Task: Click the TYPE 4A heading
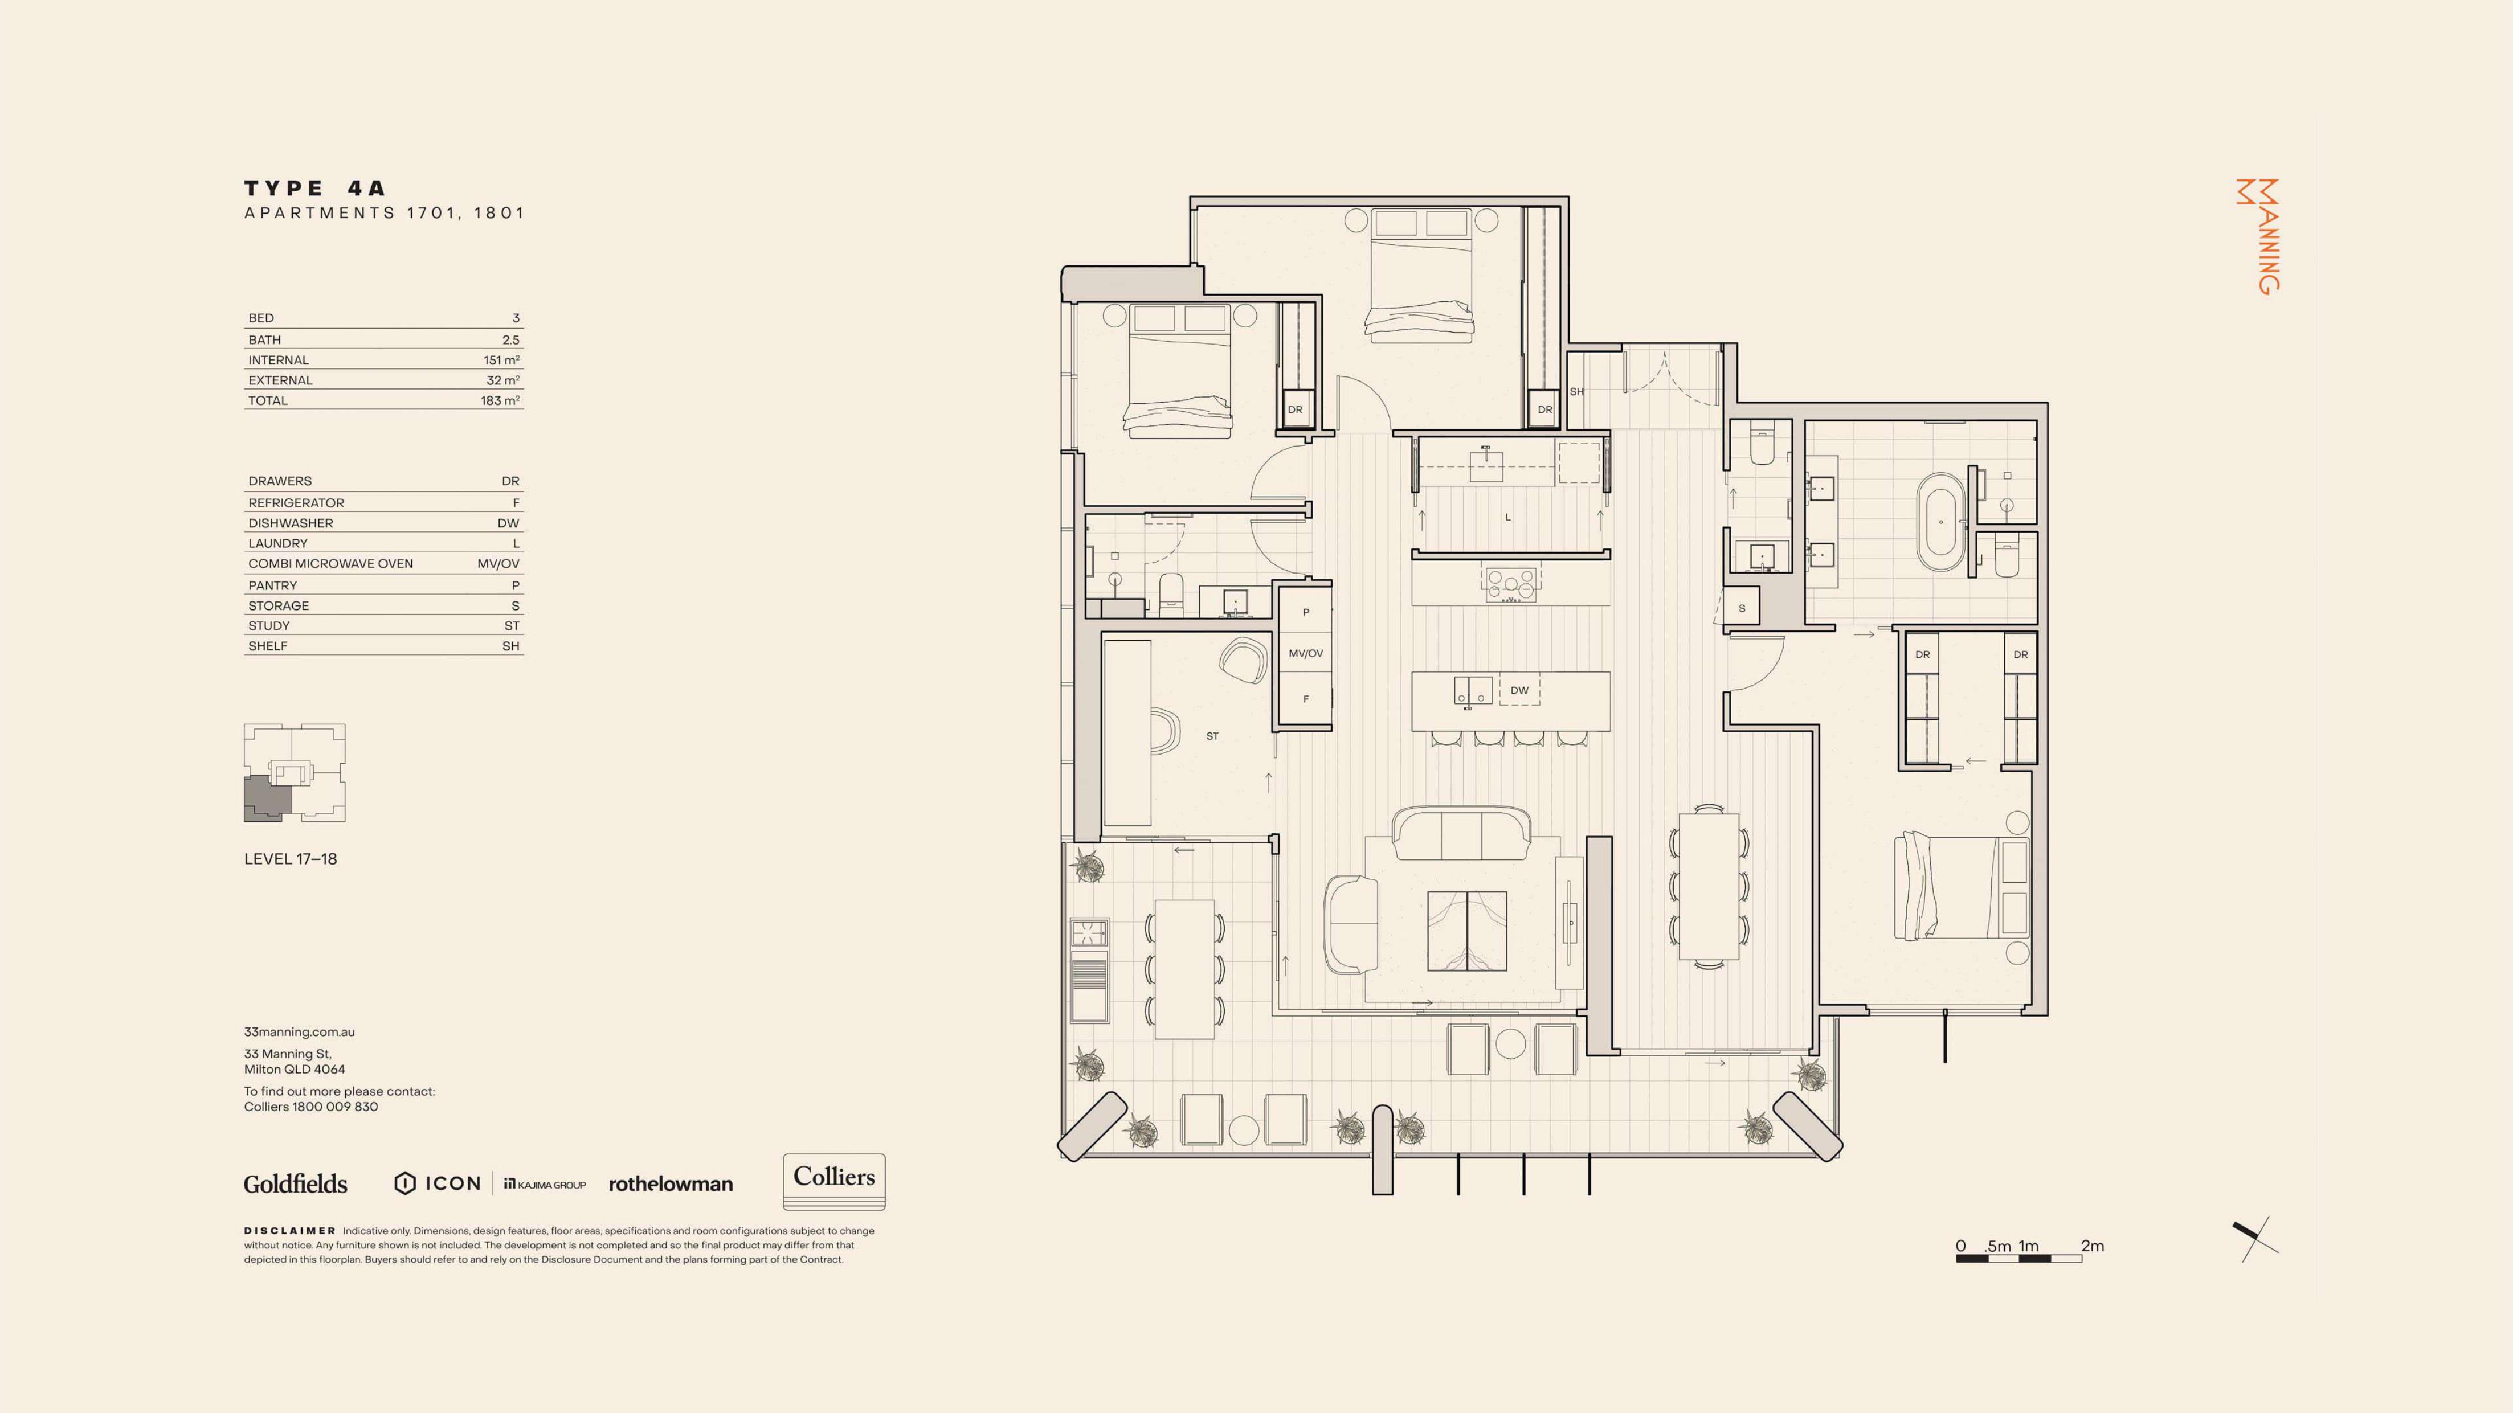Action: [x=315, y=188]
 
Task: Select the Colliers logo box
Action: [x=834, y=1182]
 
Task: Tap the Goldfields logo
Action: [x=296, y=1184]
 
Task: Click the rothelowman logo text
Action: [x=670, y=1184]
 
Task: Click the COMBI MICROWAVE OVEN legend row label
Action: [x=330, y=564]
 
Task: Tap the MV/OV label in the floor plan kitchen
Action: [x=1305, y=653]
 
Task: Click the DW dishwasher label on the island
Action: [x=1519, y=690]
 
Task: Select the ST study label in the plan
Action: [x=1212, y=736]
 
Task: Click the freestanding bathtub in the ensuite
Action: [x=1942, y=522]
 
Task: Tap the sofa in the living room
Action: [x=1461, y=834]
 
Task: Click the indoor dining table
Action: [x=1709, y=886]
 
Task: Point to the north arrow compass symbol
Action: [x=2255, y=1239]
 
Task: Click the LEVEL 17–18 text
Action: [x=291, y=859]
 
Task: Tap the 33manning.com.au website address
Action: [x=300, y=1032]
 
